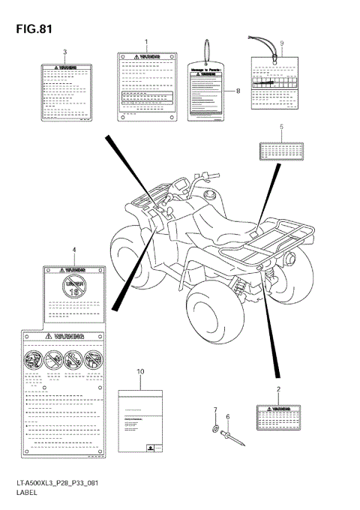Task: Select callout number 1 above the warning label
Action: [146, 42]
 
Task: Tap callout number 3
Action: [65, 52]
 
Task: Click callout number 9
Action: [281, 43]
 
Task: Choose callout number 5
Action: [281, 127]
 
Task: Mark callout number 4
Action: [73, 248]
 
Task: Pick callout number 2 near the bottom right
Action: [278, 390]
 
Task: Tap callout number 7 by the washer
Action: [214, 409]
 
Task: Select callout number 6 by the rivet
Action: [228, 416]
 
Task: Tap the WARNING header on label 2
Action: [278, 404]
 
